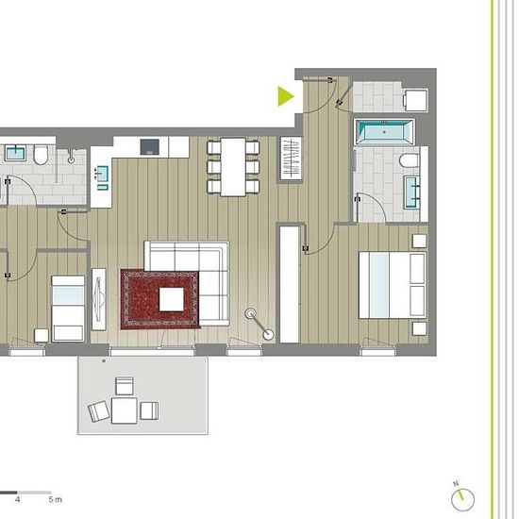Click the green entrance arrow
tap(285, 96)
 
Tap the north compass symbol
tap(462, 499)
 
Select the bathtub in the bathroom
tap(384, 132)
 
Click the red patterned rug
tap(159, 299)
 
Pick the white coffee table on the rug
tap(172, 299)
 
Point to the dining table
tap(233, 167)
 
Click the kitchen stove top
tap(150, 147)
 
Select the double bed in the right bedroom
tap(393, 285)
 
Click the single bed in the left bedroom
tap(68, 309)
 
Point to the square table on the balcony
tap(125, 410)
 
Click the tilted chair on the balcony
tap(99, 411)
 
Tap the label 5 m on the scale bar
tap(56, 499)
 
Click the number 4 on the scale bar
tap(17, 499)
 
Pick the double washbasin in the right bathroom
tap(411, 193)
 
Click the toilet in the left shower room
tap(41, 156)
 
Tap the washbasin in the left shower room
tap(15, 153)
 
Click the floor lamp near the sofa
tap(259, 324)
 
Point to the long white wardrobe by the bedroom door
tap(290, 285)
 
